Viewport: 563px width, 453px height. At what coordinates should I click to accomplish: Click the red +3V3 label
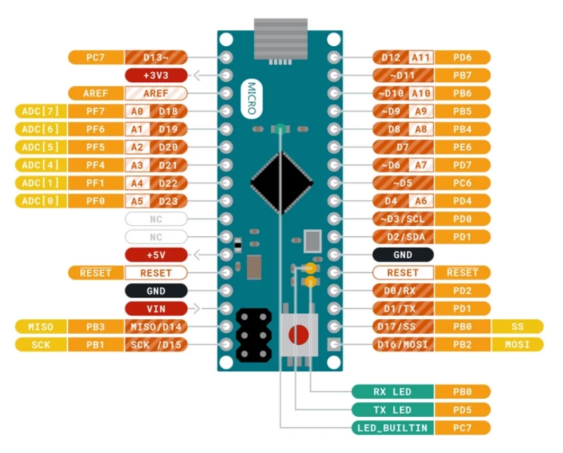[x=156, y=76]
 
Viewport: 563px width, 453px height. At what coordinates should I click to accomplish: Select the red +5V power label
[x=156, y=255]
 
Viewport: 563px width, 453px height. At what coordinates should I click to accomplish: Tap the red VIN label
[x=156, y=309]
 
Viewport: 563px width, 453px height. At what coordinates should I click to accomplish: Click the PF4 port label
[x=96, y=165]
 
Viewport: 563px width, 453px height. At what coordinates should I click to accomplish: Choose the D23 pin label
[x=168, y=201]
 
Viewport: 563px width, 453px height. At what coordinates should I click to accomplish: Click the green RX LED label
[x=393, y=391]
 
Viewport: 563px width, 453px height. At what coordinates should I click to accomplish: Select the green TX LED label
[x=393, y=410]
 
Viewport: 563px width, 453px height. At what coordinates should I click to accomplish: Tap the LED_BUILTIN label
[x=393, y=428]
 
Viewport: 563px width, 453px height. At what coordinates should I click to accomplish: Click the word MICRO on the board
[x=251, y=98]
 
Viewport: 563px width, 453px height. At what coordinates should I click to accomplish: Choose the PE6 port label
[x=462, y=147]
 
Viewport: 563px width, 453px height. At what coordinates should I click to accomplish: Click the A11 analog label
[x=421, y=58]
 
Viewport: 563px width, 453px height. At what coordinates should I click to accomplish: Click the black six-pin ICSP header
[x=253, y=333]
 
